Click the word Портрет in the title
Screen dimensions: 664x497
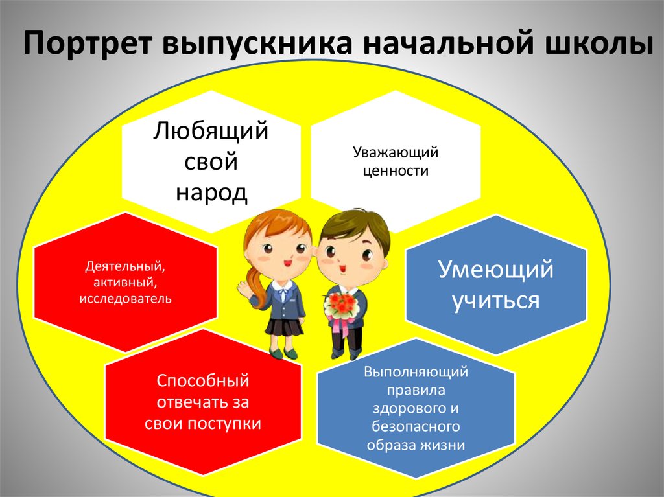(x=88, y=43)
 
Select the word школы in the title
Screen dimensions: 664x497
(x=599, y=43)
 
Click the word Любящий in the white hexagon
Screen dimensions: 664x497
(x=211, y=131)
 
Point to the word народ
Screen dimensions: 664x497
(x=211, y=192)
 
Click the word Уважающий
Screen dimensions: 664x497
(x=396, y=152)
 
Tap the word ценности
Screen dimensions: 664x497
(x=396, y=171)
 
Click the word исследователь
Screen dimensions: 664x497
(x=125, y=299)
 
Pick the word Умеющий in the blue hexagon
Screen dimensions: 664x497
(x=495, y=270)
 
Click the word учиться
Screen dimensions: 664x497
(x=495, y=301)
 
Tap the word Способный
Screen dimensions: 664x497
(x=203, y=380)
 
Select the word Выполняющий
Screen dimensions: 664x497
(x=416, y=372)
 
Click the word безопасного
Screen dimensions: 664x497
(x=416, y=426)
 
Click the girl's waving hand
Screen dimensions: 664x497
(x=244, y=289)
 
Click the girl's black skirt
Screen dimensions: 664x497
(x=284, y=327)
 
